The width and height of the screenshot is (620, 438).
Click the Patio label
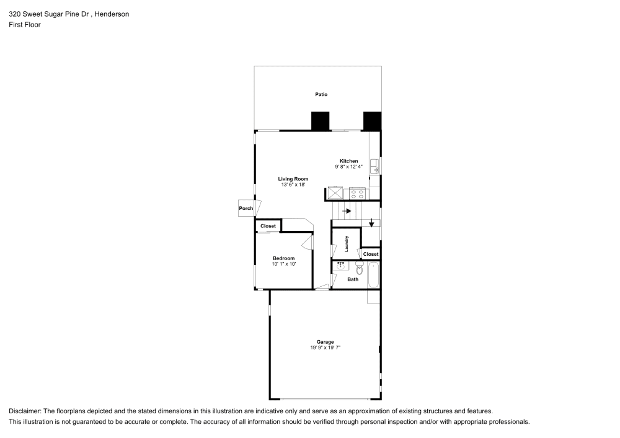click(x=320, y=95)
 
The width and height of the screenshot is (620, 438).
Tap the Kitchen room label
click(x=348, y=161)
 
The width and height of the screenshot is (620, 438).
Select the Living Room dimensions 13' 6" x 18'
click(x=293, y=185)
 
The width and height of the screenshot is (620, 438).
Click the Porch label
click(x=246, y=209)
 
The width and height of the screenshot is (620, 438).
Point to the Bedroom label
click(x=283, y=258)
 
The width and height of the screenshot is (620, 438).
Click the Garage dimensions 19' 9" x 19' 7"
click(x=325, y=348)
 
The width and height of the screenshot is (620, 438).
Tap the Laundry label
click(x=347, y=243)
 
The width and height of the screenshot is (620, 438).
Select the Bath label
click(x=352, y=279)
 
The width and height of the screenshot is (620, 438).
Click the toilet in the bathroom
click(x=359, y=268)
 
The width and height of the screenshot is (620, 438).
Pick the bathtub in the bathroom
click(x=373, y=275)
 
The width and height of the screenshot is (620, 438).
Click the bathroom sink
click(x=340, y=266)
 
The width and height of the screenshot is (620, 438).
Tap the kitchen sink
click(x=374, y=167)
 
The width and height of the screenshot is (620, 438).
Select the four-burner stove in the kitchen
click(x=357, y=193)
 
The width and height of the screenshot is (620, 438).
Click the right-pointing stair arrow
click(x=347, y=211)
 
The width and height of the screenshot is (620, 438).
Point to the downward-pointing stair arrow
click(x=371, y=223)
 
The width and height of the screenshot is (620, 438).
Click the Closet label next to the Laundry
click(x=371, y=254)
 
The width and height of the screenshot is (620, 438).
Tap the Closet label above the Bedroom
click(x=268, y=226)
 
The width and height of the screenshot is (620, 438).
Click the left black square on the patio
click(x=320, y=121)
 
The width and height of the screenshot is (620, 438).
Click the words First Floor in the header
click(x=25, y=25)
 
